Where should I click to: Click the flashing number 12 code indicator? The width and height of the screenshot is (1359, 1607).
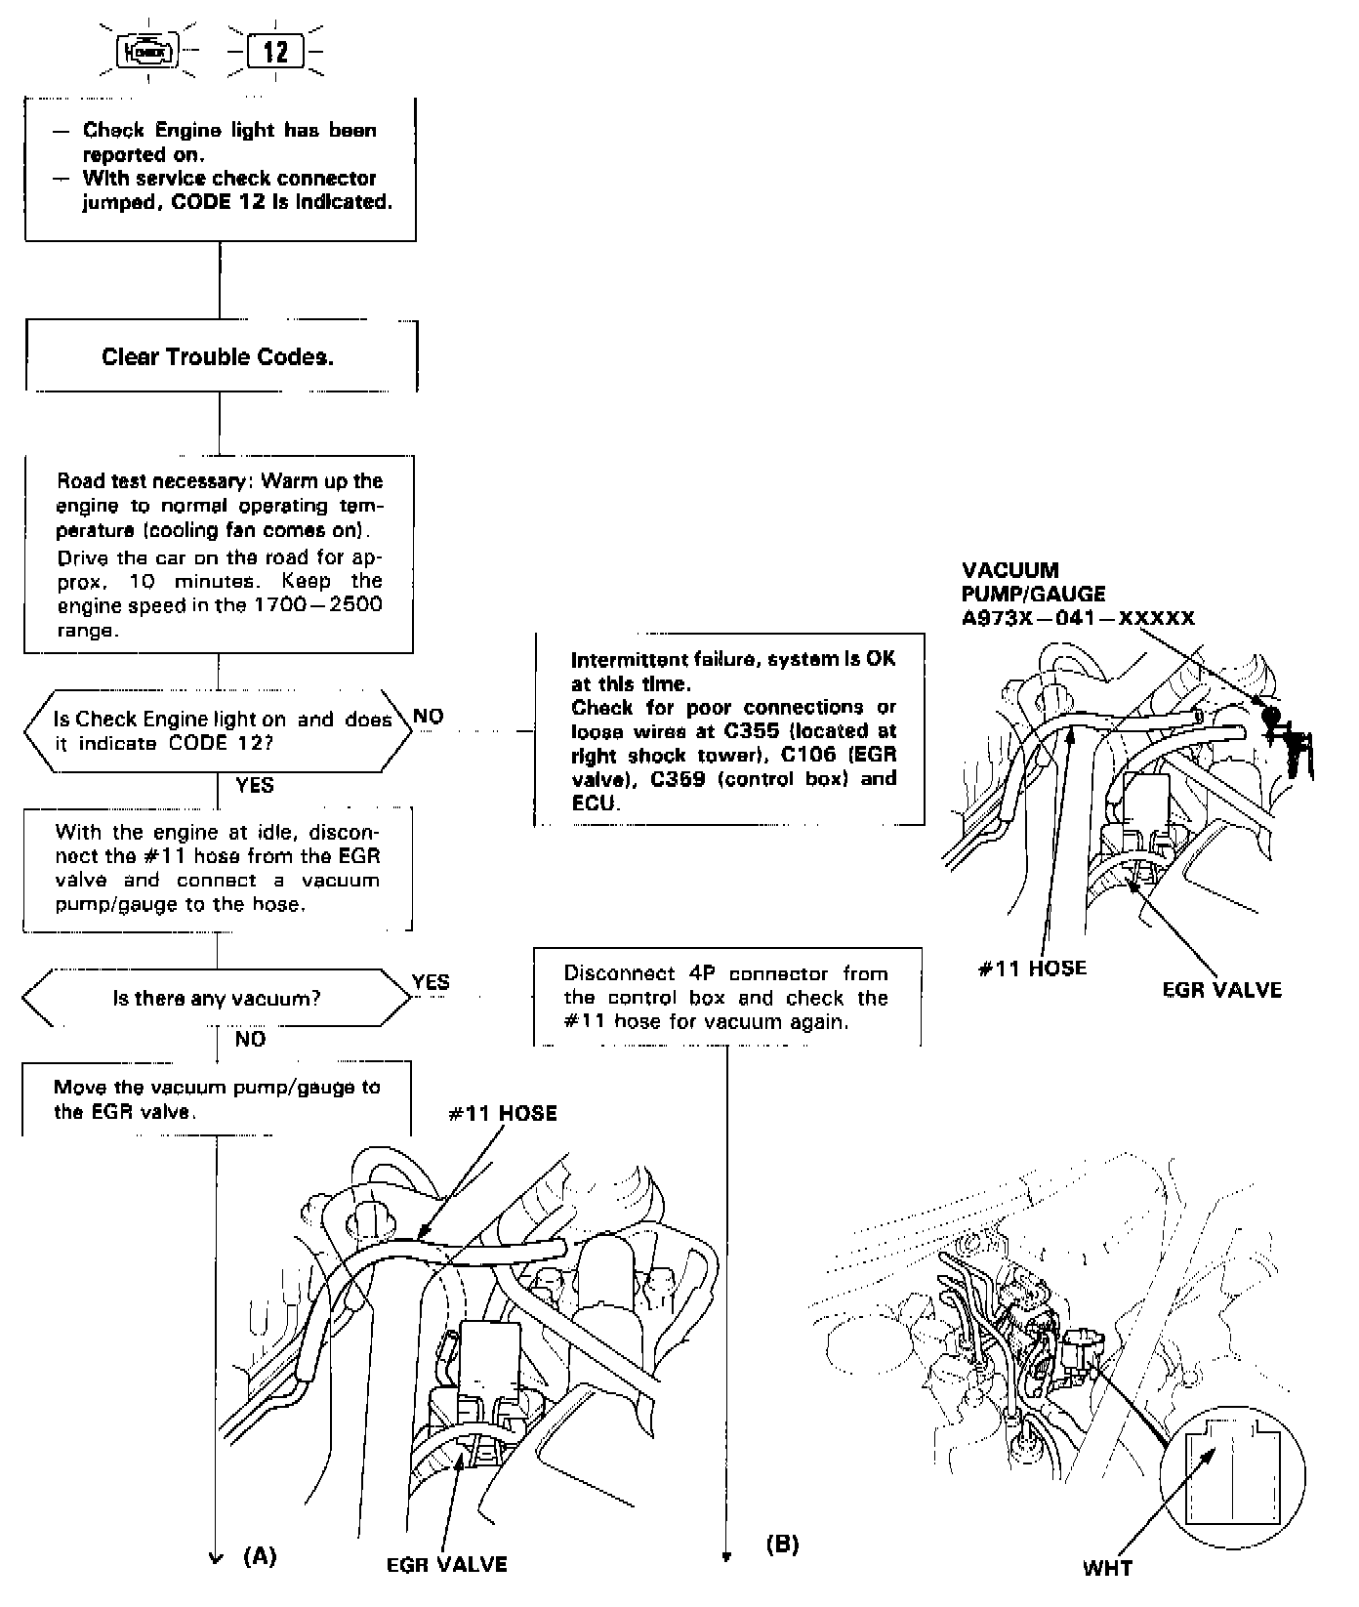276,51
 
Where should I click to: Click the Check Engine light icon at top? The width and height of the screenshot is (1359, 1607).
147,51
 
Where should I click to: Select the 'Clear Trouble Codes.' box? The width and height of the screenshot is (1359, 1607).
218,357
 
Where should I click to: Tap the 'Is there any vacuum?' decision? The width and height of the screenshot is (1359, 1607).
217,999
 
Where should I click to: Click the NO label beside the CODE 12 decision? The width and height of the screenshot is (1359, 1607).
429,717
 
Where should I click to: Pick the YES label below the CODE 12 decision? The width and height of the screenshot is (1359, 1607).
255,786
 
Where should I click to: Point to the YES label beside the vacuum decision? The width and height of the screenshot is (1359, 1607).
431,982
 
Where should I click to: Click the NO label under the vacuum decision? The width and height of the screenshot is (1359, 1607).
250,1040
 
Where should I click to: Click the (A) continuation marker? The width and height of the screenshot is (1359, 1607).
260,1556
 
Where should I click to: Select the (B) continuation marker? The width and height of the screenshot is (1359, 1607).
782,1544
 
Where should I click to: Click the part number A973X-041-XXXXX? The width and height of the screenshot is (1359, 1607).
1078,618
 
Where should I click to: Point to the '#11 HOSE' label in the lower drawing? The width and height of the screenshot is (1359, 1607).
503,1114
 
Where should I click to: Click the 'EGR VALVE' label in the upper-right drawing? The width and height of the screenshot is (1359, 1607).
1221,990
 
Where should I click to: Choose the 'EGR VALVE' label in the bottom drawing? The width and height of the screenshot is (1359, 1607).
447,1564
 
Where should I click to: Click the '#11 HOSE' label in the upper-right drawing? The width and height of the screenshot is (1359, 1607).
1032,968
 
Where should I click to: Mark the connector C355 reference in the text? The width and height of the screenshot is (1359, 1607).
752,730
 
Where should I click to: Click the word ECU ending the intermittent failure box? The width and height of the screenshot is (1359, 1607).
594,803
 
